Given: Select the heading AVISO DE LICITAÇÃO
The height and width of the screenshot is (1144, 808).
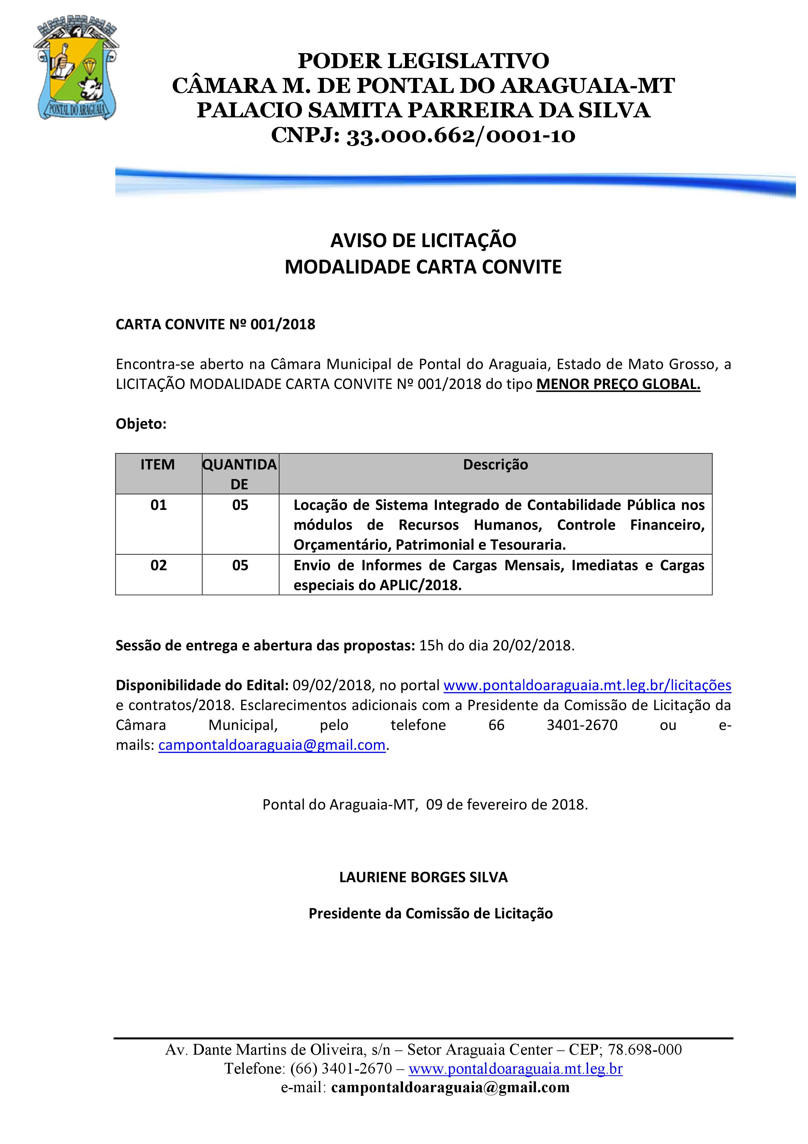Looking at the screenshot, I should point(423,241).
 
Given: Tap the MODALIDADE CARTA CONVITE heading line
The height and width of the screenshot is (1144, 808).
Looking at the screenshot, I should point(423,267).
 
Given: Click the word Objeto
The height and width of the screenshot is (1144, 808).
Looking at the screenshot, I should point(140,424).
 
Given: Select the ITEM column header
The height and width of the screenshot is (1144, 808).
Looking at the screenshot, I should point(158,464).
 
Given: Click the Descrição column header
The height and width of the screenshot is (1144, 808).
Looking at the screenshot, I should point(495,464).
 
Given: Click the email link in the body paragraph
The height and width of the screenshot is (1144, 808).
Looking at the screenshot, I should point(272,745).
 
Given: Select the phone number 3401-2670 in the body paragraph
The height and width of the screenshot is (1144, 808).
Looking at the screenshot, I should point(582,725).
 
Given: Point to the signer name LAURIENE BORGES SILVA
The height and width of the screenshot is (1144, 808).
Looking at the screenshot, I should point(423,877).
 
